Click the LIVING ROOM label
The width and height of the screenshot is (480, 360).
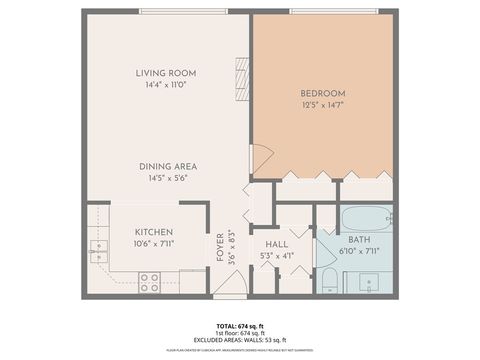pyautogui.click(x=166, y=73)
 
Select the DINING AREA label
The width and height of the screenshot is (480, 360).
pyautogui.click(x=166, y=166)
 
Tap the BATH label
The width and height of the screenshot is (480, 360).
pyautogui.click(x=360, y=240)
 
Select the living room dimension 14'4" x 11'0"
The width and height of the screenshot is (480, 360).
pyautogui.click(x=166, y=86)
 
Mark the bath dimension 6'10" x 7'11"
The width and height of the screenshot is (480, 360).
pyautogui.click(x=360, y=252)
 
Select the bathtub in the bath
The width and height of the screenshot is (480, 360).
pyautogui.click(x=366, y=218)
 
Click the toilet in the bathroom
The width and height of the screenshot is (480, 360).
pyautogui.click(x=330, y=279)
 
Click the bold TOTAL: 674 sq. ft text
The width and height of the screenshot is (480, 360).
pyautogui.click(x=240, y=326)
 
